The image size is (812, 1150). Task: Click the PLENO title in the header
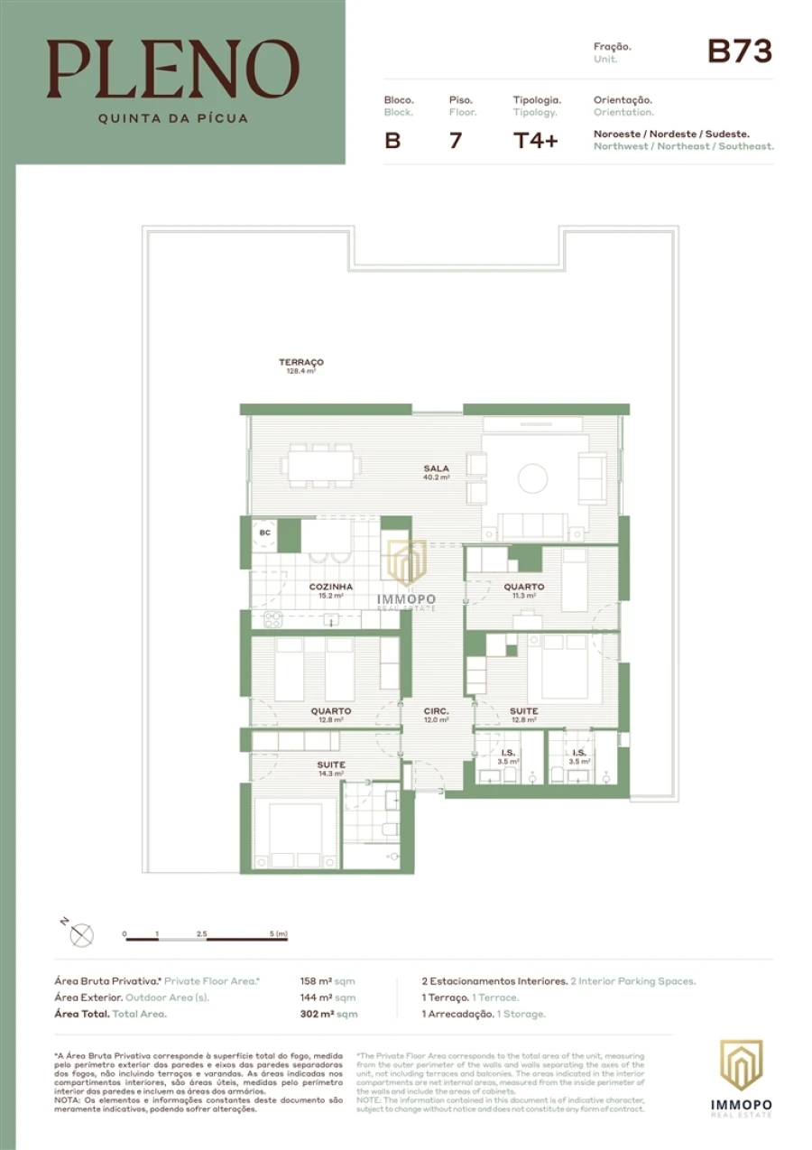pyautogui.click(x=173, y=70)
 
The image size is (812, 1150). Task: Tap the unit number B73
pyautogui.click(x=739, y=52)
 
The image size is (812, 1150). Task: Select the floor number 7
pyautogui.click(x=455, y=141)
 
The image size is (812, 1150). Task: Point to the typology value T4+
pyautogui.click(x=535, y=141)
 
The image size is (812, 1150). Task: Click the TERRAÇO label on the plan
pyautogui.click(x=300, y=363)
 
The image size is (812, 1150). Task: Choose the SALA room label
pyautogui.click(x=437, y=468)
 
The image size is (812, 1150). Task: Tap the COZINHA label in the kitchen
pyautogui.click(x=329, y=587)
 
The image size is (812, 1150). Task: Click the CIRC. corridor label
pyautogui.click(x=436, y=711)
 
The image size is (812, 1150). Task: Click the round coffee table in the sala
pyautogui.click(x=532, y=478)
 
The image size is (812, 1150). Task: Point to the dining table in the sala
pyautogui.click(x=319, y=466)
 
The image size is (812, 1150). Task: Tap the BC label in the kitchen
pyautogui.click(x=264, y=533)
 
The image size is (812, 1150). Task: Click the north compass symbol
pyautogui.click(x=81, y=935)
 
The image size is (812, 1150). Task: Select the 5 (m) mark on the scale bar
pyautogui.click(x=279, y=933)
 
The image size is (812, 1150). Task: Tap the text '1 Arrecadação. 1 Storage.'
pyautogui.click(x=484, y=1014)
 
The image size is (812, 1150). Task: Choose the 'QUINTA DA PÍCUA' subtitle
pyautogui.click(x=172, y=117)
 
